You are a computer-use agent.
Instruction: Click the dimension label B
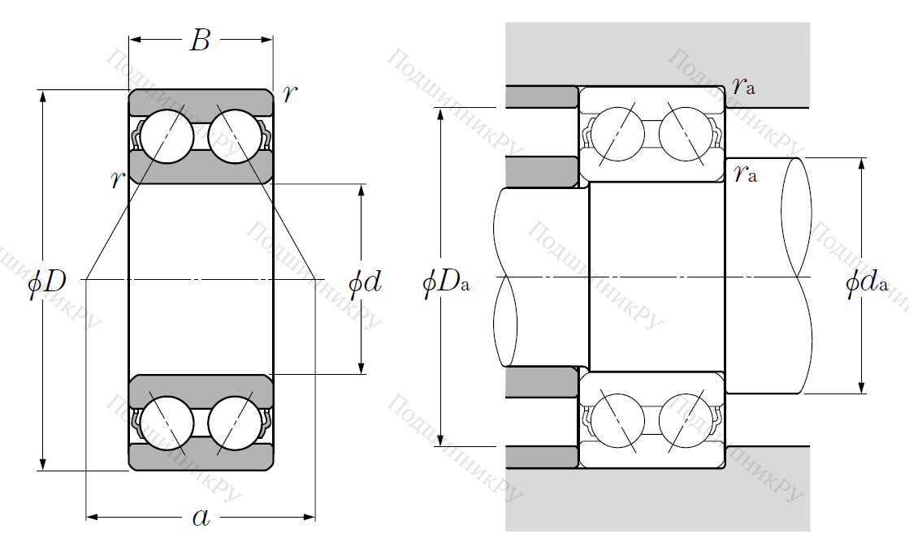tap(200, 40)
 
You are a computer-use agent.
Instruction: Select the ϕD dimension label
tap(46, 282)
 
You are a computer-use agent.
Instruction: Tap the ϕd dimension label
tap(364, 282)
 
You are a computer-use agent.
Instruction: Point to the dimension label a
tap(200, 517)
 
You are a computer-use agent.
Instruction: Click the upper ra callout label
tap(742, 87)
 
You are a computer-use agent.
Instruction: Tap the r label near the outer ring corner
tap(289, 94)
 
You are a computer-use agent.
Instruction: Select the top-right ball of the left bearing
tap(234, 135)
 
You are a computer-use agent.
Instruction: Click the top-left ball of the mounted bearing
tap(617, 132)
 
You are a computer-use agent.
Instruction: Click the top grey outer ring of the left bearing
tap(201, 102)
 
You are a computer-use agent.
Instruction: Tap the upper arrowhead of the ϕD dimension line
tap(42, 97)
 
